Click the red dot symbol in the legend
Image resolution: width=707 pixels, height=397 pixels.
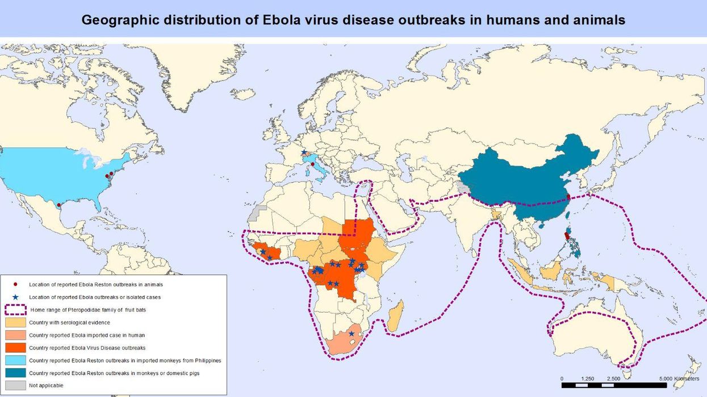[x=15, y=284]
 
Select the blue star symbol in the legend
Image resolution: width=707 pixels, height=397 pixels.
[x=15, y=297]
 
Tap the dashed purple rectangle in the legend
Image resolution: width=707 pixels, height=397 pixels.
[x=15, y=310]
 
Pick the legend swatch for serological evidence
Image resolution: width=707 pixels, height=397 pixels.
[x=15, y=322]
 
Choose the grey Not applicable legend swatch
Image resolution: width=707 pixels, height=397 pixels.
[x=15, y=385]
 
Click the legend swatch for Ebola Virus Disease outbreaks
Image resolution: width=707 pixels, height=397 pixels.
[x=15, y=347]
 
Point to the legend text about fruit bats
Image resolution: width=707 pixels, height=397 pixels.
[x=85, y=310]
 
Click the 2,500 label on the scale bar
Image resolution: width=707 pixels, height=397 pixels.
[x=613, y=378]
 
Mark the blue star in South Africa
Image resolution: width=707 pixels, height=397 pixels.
[x=352, y=333]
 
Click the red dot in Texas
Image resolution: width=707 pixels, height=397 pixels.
[x=59, y=205]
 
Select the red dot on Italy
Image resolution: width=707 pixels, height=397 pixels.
[x=312, y=164]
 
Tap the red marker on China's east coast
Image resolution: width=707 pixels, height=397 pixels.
[x=568, y=197]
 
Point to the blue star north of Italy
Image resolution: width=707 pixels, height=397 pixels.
[x=304, y=153]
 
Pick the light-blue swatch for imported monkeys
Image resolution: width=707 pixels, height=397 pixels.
[x=15, y=360]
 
